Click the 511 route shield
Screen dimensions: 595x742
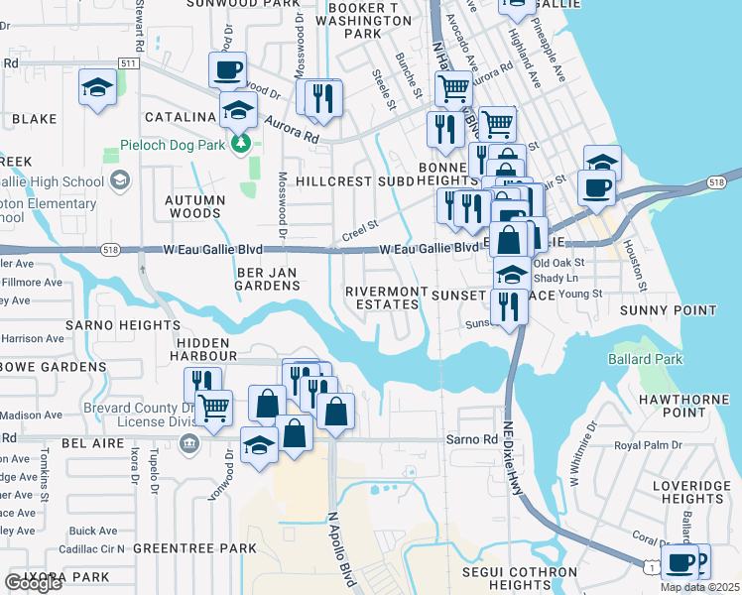127,63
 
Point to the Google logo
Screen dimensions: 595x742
33,583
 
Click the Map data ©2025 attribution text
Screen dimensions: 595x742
699,587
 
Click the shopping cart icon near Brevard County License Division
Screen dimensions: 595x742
214,407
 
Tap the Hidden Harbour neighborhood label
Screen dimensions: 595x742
205,347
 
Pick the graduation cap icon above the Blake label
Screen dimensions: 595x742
96,87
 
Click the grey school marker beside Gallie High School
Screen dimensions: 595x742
120,179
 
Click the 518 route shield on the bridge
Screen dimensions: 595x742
716,182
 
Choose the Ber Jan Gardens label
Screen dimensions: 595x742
268,278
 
